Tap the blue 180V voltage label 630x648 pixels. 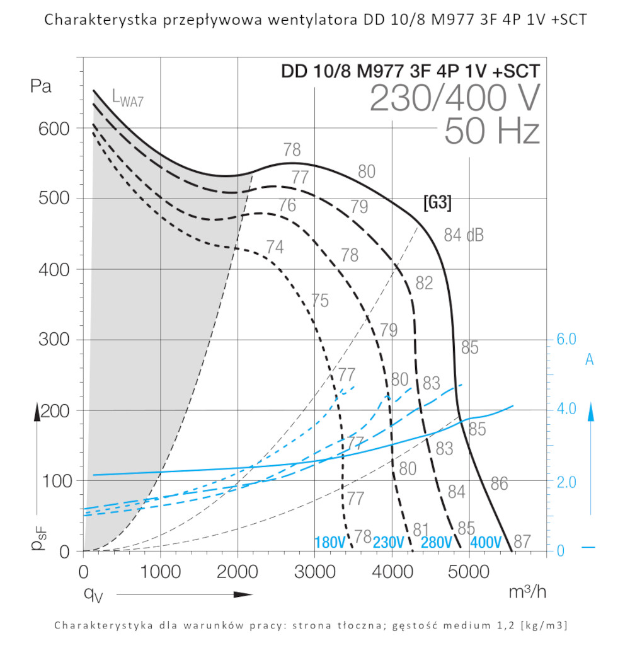click(329, 543)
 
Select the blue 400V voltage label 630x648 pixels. click(486, 543)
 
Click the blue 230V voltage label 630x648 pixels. click(388, 543)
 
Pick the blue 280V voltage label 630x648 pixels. click(437, 543)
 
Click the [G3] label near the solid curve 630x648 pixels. click(437, 203)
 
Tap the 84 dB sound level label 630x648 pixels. click(464, 235)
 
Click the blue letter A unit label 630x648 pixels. click(590, 359)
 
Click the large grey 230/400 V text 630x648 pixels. click(454, 98)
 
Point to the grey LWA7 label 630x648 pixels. click(132, 97)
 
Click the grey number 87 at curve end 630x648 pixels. click(522, 541)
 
